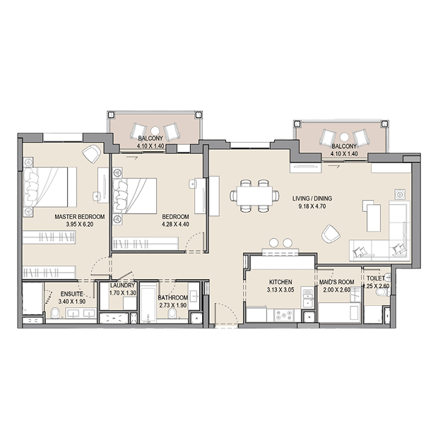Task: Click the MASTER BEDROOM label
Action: tap(80, 216)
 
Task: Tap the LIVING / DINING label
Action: tap(312, 199)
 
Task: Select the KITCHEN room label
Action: tap(280, 282)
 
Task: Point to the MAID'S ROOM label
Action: tap(336, 282)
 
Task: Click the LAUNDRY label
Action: tap(122, 285)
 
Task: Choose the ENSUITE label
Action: tap(72, 294)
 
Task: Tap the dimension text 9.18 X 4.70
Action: tap(312, 206)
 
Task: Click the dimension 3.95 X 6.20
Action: tap(80, 225)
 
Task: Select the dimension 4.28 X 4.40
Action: tap(175, 225)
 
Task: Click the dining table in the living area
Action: tap(254, 196)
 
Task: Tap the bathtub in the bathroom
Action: tap(148, 303)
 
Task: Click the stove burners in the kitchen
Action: tap(283, 315)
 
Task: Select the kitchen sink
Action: tap(308, 298)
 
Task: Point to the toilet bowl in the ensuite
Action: tap(55, 314)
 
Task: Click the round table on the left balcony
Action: tap(155, 131)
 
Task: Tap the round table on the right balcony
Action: tap(345, 137)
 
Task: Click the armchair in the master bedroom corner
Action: tap(91, 153)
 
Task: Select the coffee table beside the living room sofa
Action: tap(373, 218)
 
